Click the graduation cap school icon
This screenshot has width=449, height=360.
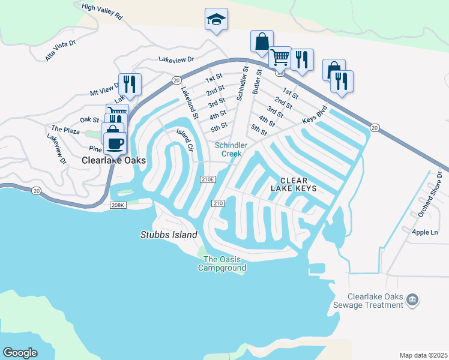[215, 20]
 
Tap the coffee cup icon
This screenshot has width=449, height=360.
[115, 143]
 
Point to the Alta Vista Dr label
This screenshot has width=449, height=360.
[61, 50]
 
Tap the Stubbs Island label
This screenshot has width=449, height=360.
[169, 235]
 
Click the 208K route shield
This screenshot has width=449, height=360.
[118, 205]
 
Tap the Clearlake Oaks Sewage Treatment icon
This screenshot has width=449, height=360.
[412, 299]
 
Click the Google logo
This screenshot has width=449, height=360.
[20, 353]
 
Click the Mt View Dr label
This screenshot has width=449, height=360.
[103, 90]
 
